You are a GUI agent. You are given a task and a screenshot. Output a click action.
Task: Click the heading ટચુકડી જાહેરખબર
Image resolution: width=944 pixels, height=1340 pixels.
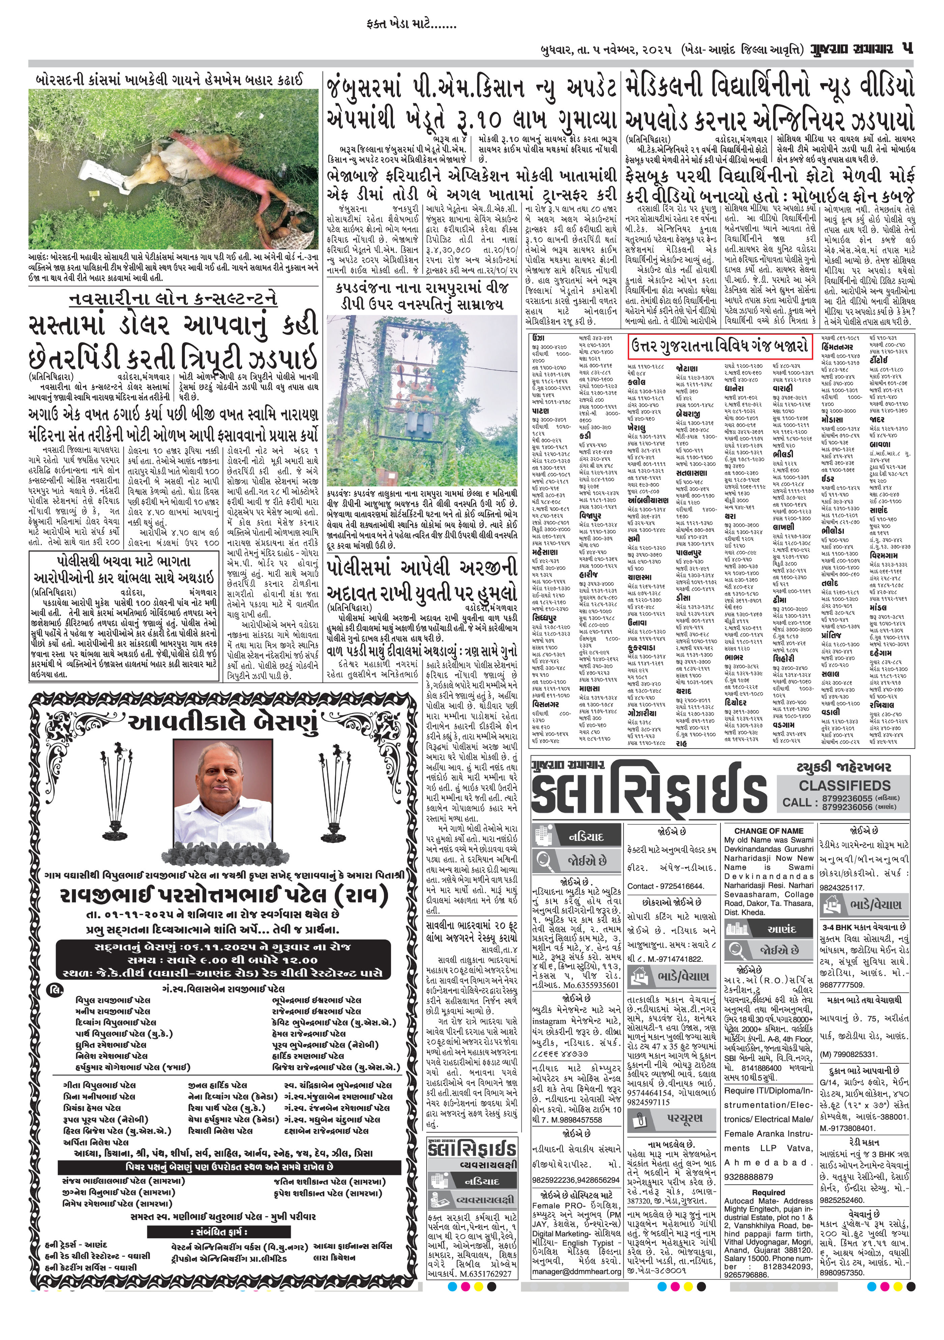(x=843, y=767)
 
